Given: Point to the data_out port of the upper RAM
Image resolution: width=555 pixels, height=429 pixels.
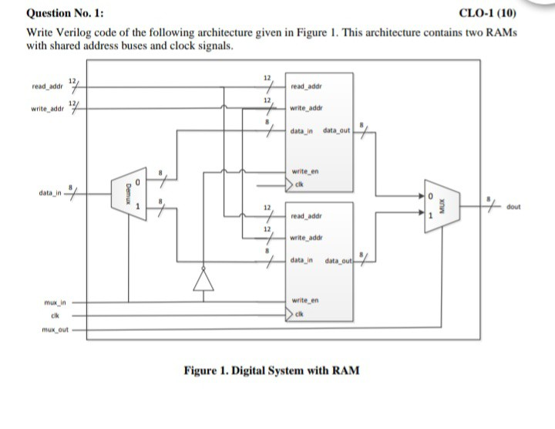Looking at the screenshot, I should click(x=336, y=133).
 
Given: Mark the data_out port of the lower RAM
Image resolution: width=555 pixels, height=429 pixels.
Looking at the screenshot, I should click(x=338, y=262).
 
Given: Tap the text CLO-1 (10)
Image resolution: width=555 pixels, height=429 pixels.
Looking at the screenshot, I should click(x=488, y=13).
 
